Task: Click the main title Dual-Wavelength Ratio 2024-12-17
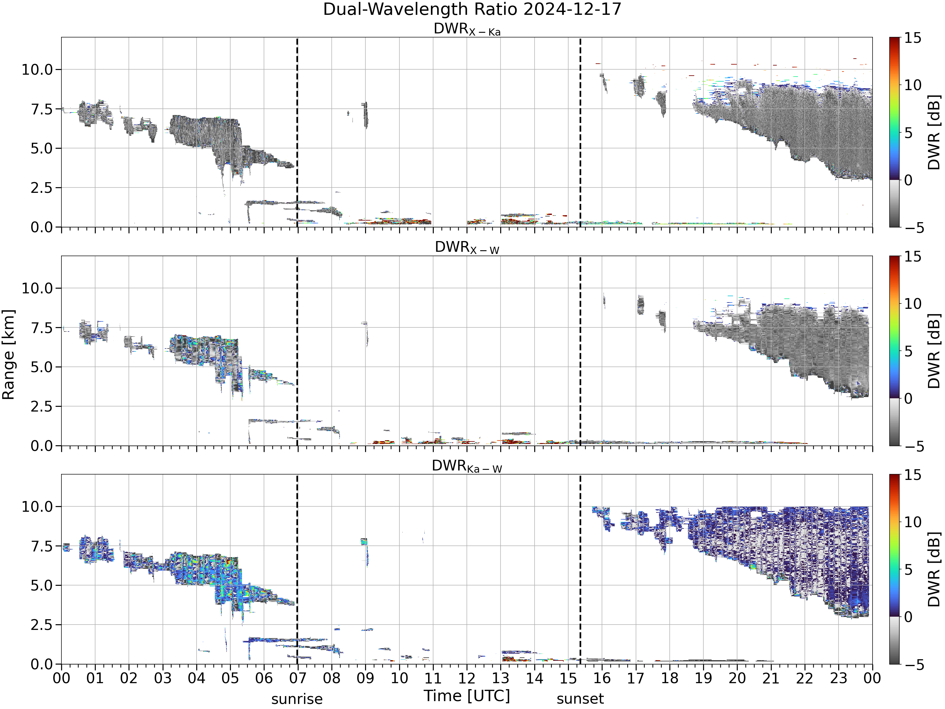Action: coord(472,9)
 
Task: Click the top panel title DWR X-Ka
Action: coord(467,29)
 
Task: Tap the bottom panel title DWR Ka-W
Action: coord(467,466)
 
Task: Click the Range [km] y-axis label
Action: coord(8,355)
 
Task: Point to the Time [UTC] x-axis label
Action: coord(467,696)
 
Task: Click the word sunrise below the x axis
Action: coord(297,700)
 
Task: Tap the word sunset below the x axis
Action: coord(580,699)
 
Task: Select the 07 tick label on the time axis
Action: coord(297,678)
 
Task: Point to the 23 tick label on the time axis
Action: coord(838,678)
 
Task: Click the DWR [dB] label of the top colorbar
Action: coord(934,132)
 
